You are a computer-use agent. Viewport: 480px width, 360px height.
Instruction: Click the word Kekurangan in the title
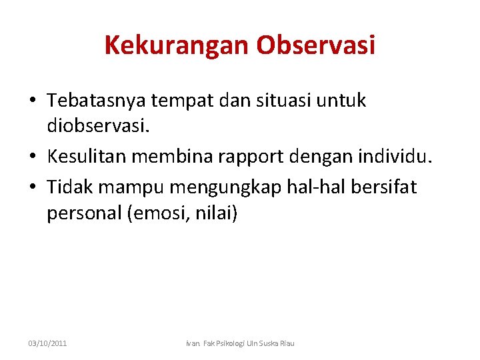pos(177,45)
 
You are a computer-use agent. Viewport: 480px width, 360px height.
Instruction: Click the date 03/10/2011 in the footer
pos(47,343)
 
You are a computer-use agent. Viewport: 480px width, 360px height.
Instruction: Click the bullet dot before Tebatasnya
pos(31,101)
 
